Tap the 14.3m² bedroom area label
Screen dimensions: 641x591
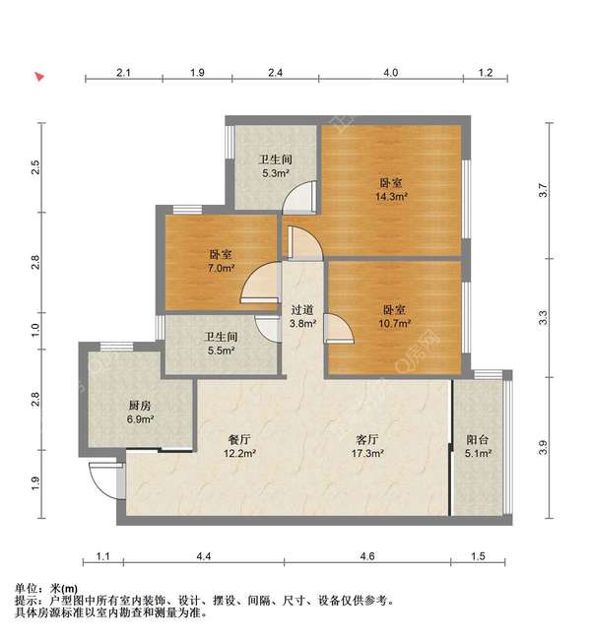pos(391,196)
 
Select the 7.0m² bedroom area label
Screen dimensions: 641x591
pos(221,267)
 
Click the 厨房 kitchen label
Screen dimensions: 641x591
pos(139,405)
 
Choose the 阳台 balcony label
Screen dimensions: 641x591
pos(478,440)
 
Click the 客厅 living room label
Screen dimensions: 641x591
pos(368,440)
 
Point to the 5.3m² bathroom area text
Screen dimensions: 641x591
pos(274,173)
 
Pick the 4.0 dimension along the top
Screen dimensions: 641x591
pos(390,73)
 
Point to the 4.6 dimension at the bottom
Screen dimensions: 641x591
pos(367,557)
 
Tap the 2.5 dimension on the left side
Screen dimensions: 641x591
pos(36,167)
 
